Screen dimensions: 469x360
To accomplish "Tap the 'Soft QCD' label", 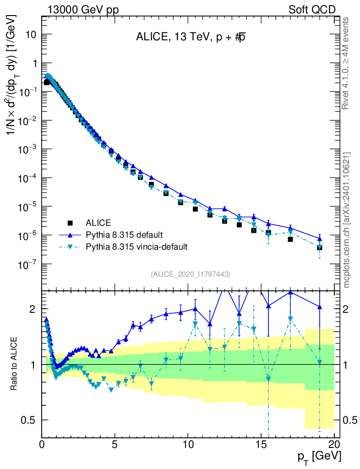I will pos(311,10).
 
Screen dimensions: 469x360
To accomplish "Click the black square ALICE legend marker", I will pos(70,223).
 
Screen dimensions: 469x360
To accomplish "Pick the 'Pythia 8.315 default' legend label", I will pos(124,235).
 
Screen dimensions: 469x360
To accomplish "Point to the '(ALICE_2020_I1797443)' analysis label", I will pos(190,274).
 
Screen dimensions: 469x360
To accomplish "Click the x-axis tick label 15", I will pos(261,445).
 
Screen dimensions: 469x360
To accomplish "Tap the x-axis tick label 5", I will pos(115,445).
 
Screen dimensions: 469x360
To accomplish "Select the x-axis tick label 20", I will pos(334,445).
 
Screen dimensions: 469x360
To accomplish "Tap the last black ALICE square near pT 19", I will pos(320,247).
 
